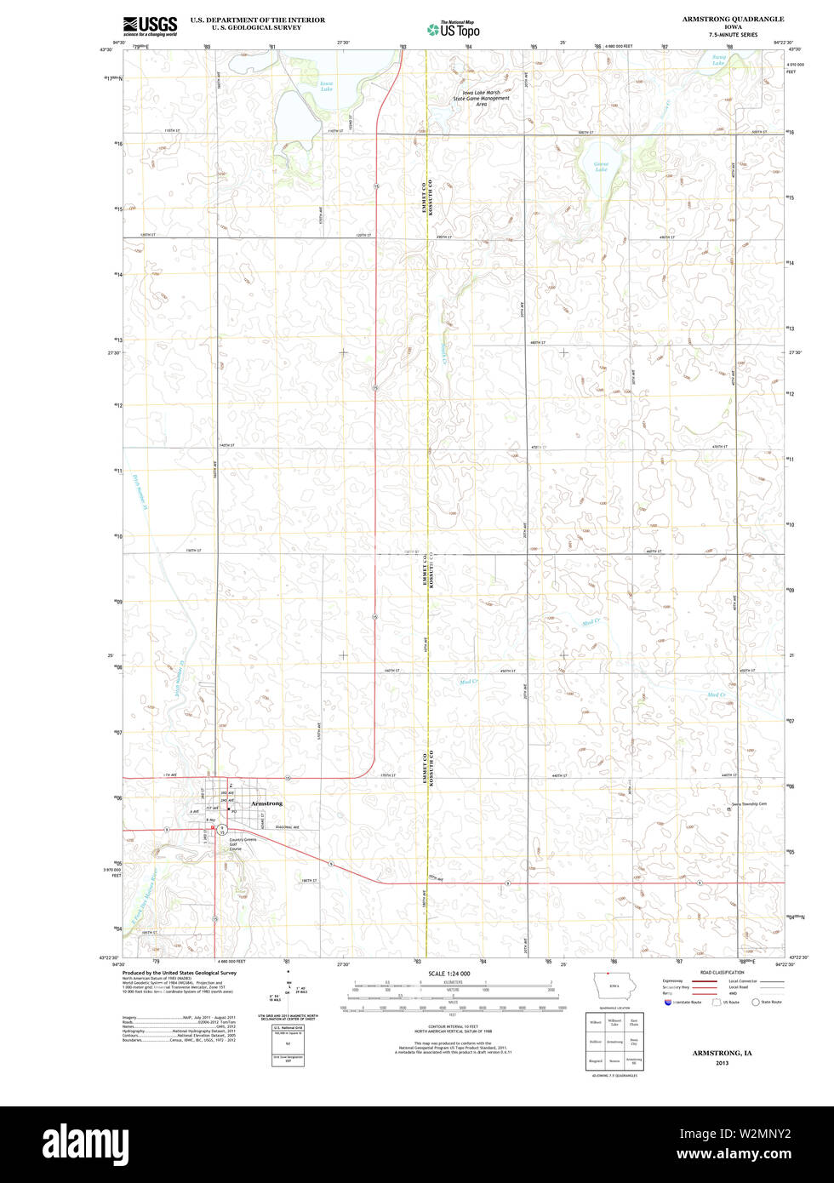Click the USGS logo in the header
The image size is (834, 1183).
click(x=150, y=25)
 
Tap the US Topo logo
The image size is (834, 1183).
click(x=454, y=30)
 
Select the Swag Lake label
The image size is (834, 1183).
click(x=719, y=60)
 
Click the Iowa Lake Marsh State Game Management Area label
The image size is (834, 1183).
click(x=482, y=98)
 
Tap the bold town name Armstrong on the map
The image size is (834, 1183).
click(x=267, y=803)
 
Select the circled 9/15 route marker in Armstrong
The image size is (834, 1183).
click(x=221, y=828)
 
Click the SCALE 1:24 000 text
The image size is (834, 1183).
click(x=449, y=973)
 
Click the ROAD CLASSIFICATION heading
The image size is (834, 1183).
click(x=722, y=973)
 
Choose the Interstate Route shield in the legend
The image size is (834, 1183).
click(x=667, y=1002)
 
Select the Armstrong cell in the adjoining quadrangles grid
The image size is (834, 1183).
click(x=614, y=1041)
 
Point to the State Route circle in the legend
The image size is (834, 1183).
click(x=755, y=1002)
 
